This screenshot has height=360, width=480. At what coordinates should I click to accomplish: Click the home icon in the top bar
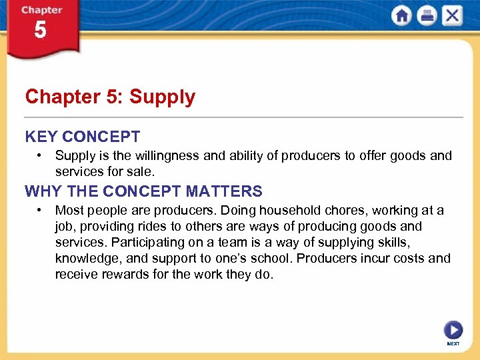coord(402,16)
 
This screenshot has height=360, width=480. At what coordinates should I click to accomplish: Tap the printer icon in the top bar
coord(427,16)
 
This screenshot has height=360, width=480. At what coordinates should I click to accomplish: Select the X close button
coord(451,16)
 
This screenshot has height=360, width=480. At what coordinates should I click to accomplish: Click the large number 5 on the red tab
coord(41,31)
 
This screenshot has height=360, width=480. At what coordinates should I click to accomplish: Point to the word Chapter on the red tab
coord(41,10)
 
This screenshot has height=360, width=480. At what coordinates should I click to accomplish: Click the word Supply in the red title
coord(162,97)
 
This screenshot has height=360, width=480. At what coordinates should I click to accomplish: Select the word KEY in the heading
coord(41,137)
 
